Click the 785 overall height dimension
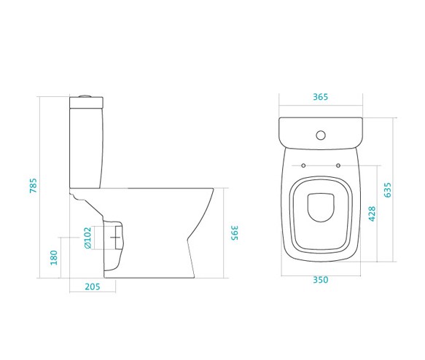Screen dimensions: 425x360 point(33,186)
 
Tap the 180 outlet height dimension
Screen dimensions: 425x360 point(54,257)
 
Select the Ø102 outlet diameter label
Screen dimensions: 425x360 point(87,238)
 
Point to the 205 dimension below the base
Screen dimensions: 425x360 point(93,286)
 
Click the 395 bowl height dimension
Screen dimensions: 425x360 point(234,232)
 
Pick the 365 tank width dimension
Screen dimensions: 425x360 point(320,97)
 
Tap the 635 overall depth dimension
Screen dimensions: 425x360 point(388,190)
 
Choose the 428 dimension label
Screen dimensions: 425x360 point(372,214)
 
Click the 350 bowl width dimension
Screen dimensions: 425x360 point(321,280)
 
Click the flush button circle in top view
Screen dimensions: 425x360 point(321,135)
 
